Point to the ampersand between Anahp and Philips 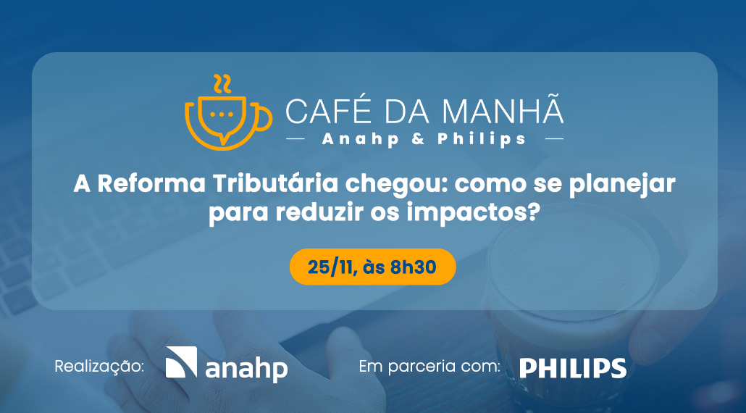point(419,138)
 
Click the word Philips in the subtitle point(482,138)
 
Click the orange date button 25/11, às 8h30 point(372,267)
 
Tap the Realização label point(100,367)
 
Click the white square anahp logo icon point(181,362)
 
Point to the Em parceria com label point(430,367)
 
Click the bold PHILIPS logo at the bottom point(573,367)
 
